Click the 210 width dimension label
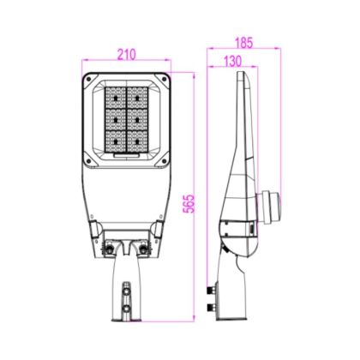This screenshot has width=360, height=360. (127, 54)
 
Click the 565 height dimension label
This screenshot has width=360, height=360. (189, 204)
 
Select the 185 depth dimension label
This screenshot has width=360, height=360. (244, 43)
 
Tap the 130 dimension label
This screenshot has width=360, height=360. (232, 61)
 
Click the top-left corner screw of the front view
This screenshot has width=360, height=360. (88, 79)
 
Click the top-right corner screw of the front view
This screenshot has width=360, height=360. (164, 79)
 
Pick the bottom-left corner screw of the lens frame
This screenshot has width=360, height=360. (88, 161)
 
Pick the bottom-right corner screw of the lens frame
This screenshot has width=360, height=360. (164, 161)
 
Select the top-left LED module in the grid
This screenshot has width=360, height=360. (116, 98)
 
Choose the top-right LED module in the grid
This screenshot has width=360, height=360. (137, 98)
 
